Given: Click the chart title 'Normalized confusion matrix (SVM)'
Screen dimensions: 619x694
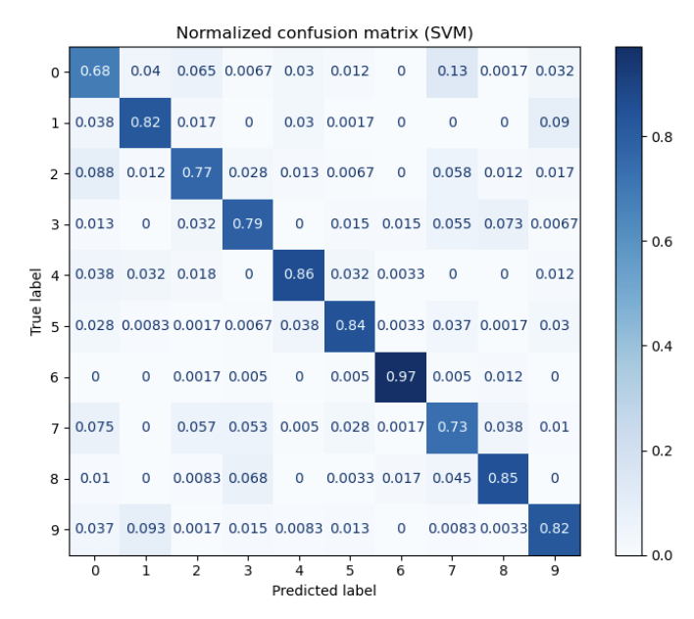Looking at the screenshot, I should pyautogui.click(x=324, y=32).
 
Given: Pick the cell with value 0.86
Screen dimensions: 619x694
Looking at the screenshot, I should pyautogui.click(x=299, y=274).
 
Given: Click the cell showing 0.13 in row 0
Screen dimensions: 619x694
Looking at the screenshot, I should pyautogui.click(x=452, y=71).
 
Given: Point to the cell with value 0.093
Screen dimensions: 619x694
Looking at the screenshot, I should pyautogui.click(x=145, y=529).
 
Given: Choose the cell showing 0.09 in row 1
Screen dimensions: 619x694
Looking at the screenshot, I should pyautogui.click(x=555, y=122).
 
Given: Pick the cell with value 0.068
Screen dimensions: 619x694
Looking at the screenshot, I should pyautogui.click(x=247, y=478).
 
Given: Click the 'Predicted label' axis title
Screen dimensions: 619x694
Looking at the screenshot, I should pyautogui.click(x=324, y=591).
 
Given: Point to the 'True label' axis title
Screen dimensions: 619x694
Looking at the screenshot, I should pyautogui.click(x=37, y=300).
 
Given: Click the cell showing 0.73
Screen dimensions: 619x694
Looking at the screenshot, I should pyautogui.click(x=452, y=427).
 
